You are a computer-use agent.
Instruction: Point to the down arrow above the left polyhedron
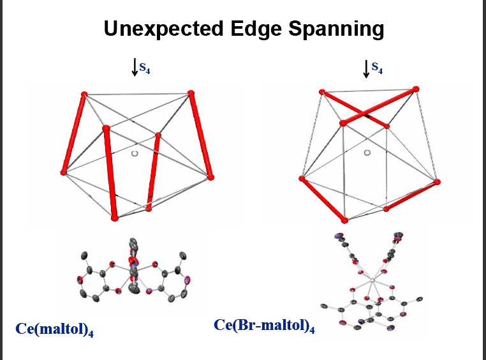[135, 67]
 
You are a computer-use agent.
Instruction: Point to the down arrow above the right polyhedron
[366, 68]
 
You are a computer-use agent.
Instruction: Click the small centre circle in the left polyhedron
[134, 153]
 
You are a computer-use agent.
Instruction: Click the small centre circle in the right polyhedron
[367, 153]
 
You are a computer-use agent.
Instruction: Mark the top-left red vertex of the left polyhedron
[84, 94]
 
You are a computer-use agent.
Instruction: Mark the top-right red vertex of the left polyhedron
[191, 94]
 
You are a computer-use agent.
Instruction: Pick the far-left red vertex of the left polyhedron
[63, 172]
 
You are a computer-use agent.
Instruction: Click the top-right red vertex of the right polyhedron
[416, 89]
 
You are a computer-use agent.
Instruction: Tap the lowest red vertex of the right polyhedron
[345, 221]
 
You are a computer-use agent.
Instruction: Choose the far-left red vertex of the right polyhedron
[301, 179]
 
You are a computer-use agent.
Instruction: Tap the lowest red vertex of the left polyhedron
[115, 218]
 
